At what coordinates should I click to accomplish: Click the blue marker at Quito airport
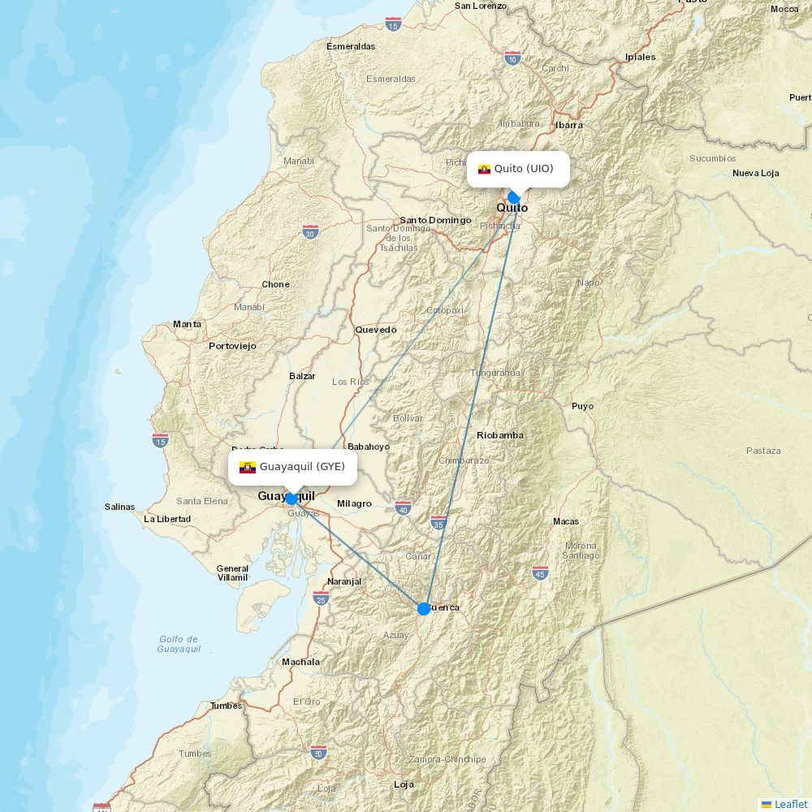(x=513, y=197)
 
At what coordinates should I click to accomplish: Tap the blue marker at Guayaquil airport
(x=291, y=499)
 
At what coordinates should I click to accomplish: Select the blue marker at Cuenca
(x=423, y=608)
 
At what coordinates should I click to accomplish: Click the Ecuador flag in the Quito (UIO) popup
(x=484, y=169)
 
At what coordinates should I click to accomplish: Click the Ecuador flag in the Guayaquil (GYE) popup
(x=248, y=467)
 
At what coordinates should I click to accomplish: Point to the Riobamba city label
(x=499, y=435)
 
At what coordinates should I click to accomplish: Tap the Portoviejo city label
(x=232, y=346)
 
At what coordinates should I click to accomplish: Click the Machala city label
(x=300, y=662)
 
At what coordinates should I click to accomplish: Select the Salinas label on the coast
(x=119, y=507)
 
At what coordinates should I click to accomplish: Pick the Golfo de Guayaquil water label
(x=179, y=644)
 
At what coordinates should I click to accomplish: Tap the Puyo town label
(x=582, y=406)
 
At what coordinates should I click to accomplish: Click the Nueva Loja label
(x=755, y=173)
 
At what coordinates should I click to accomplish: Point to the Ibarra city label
(x=568, y=125)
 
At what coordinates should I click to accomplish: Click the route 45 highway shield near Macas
(x=540, y=572)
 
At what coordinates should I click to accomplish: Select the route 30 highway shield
(x=310, y=231)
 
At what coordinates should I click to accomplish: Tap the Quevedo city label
(x=376, y=330)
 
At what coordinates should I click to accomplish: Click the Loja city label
(x=404, y=784)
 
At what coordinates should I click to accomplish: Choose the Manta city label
(x=187, y=324)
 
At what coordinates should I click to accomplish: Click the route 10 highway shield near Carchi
(x=512, y=58)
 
